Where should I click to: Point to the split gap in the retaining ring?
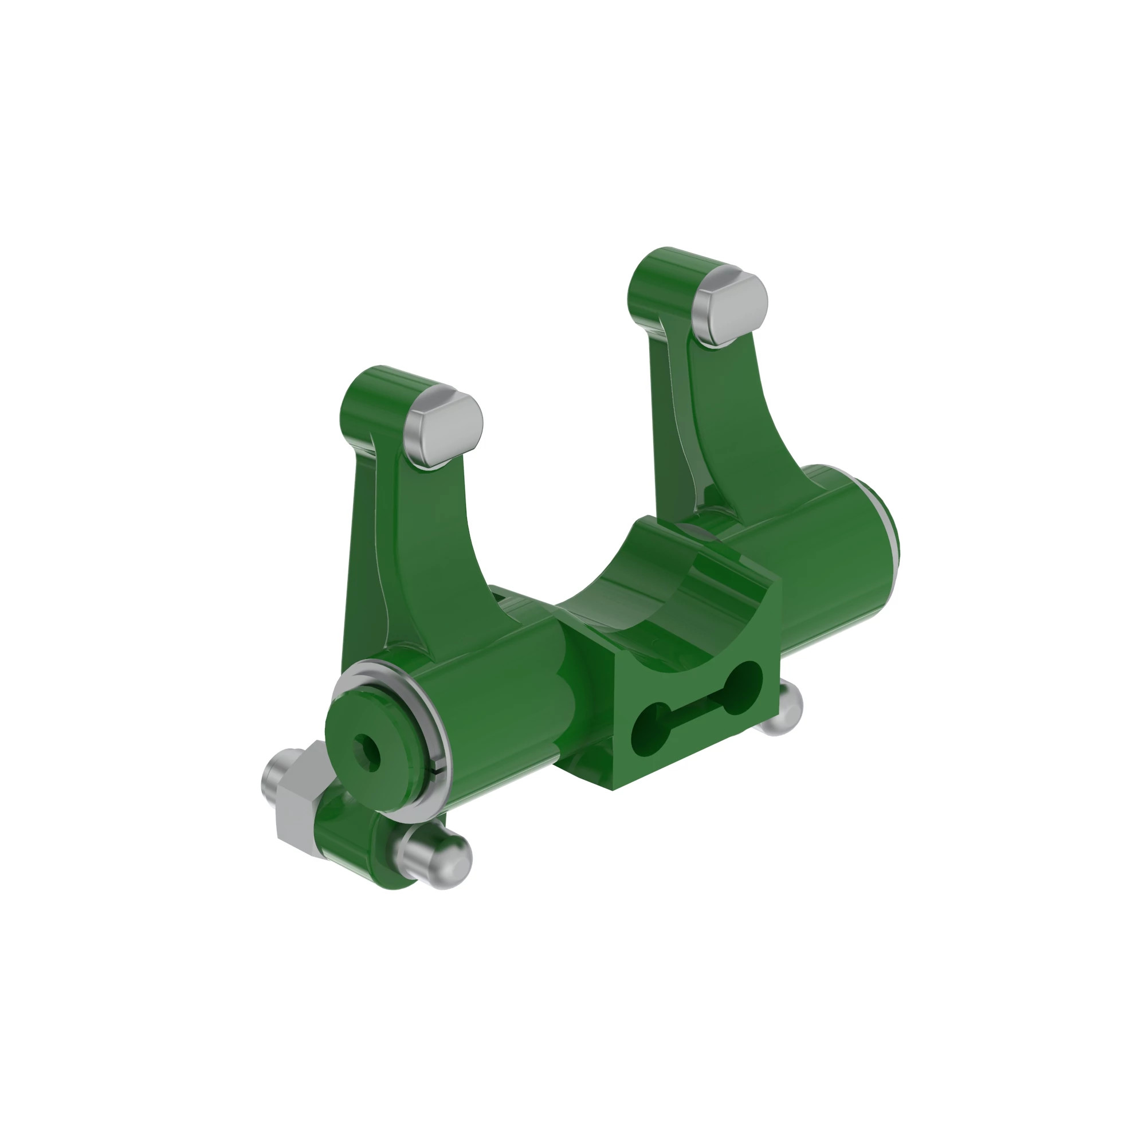438,771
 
